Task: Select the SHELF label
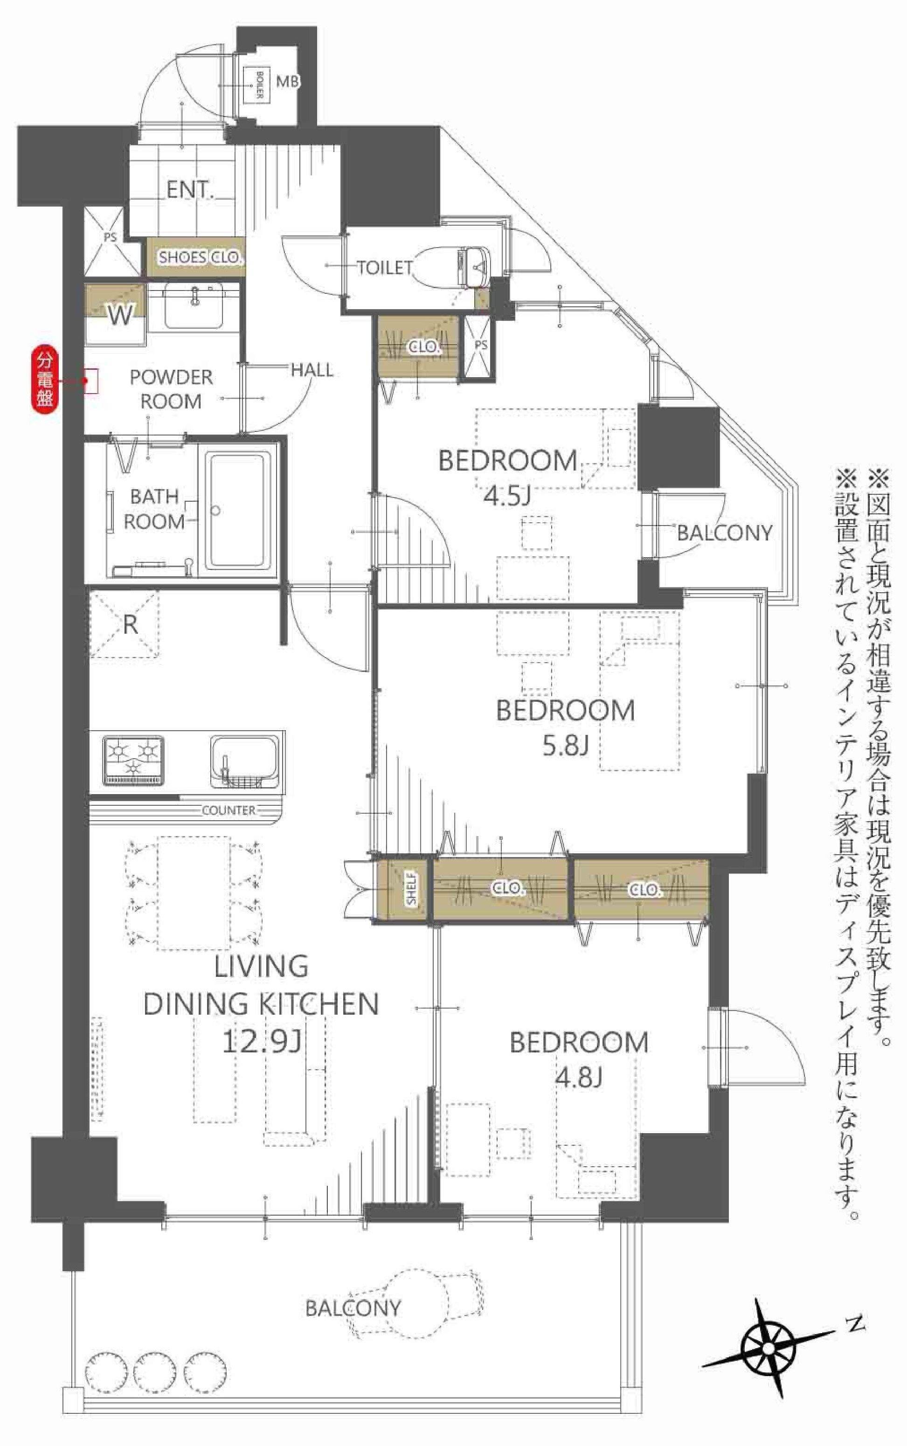[411, 888]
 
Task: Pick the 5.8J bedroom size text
[566, 746]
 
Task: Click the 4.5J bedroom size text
[507, 496]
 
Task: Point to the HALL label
[312, 370]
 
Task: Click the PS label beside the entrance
[110, 237]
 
